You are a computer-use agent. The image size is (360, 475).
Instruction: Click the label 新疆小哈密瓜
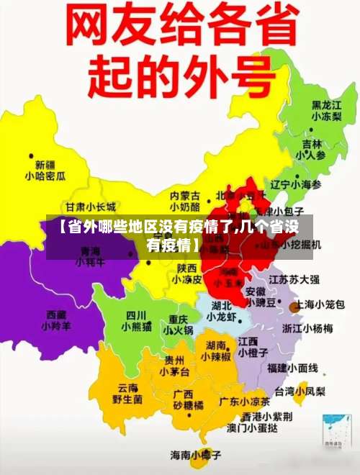point(45,170)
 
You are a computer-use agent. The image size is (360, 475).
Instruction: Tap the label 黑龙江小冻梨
point(326,110)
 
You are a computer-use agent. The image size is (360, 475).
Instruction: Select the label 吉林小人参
point(310,149)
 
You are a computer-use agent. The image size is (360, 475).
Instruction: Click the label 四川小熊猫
point(136,321)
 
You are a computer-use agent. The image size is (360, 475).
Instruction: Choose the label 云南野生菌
point(127,393)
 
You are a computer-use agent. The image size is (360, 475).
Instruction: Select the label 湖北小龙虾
point(222,311)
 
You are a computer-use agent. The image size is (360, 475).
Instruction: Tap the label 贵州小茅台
point(175,366)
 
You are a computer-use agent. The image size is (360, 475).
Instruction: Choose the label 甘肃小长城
point(91,206)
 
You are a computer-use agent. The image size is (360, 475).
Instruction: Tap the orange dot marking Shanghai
point(294,307)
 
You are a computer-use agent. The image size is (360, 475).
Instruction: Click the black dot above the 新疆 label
point(31,154)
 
